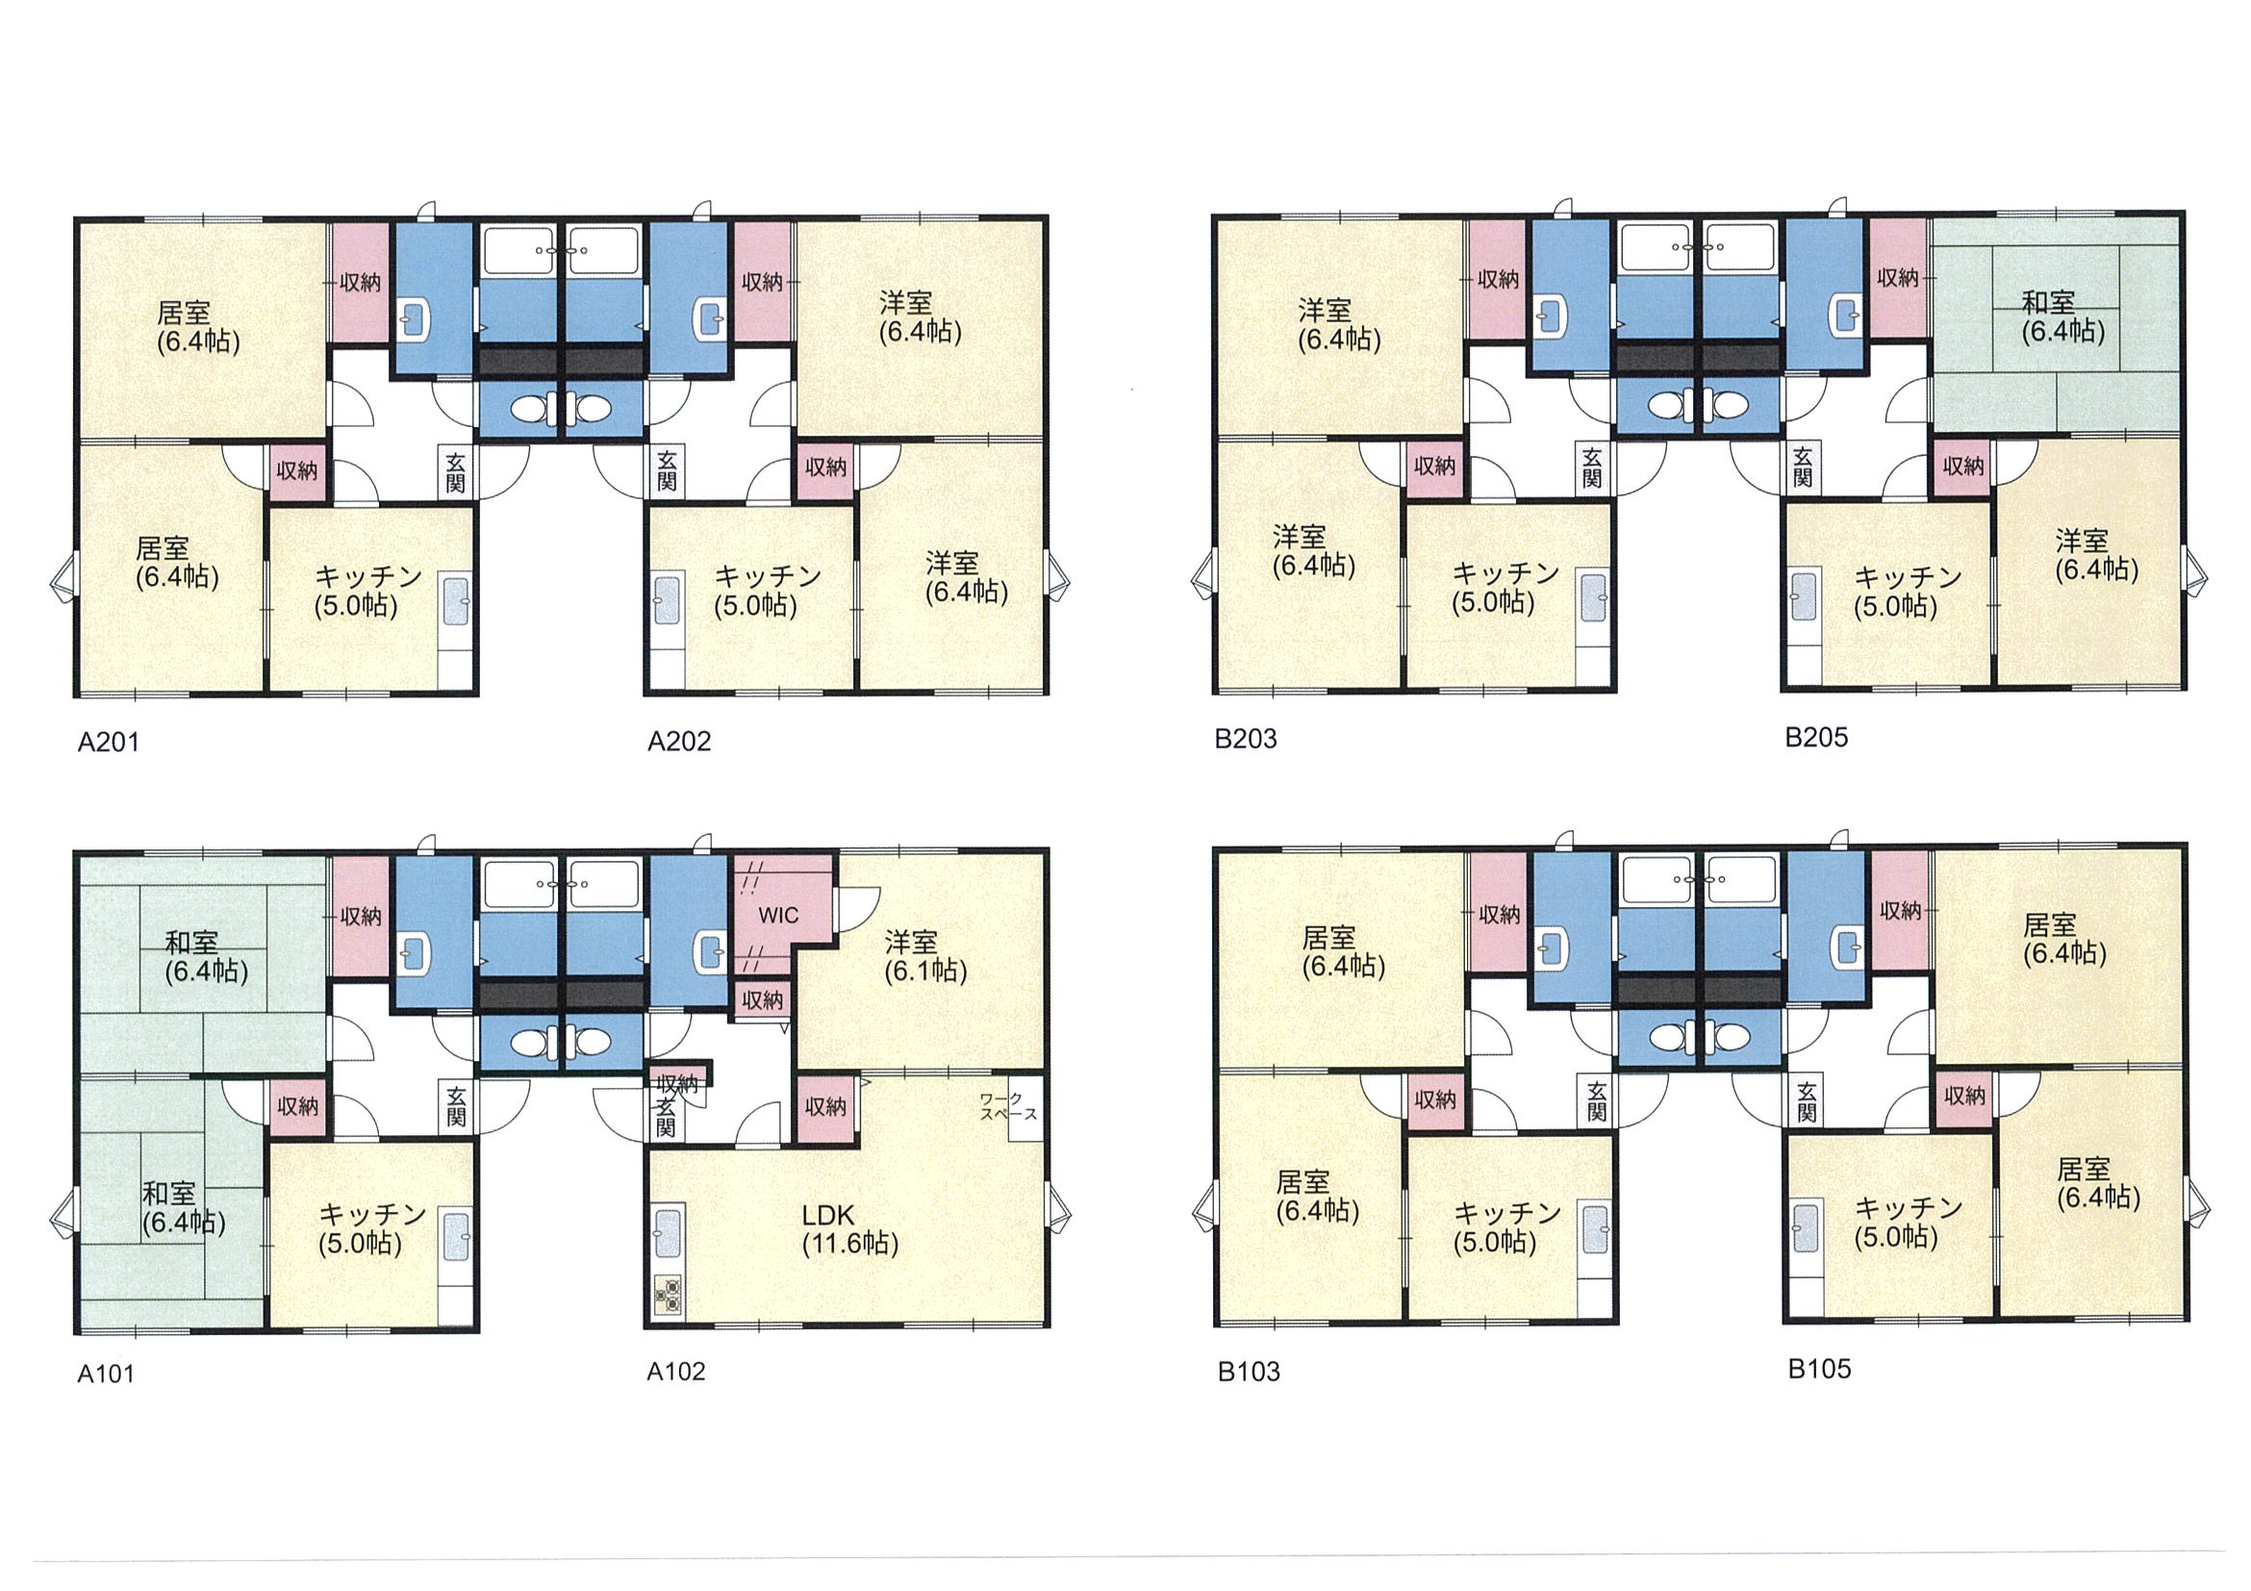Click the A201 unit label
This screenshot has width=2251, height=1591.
click(109, 742)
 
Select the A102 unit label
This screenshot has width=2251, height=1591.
click(675, 1371)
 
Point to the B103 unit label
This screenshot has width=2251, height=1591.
click(1249, 1372)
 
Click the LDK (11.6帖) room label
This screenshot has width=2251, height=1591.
click(850, 1230)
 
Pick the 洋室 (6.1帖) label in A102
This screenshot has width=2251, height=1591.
click(925, 957)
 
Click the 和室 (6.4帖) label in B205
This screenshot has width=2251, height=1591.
click(2062, 316)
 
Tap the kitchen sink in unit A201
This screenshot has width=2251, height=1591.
click(456, 601)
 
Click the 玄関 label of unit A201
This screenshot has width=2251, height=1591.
click(456, 472)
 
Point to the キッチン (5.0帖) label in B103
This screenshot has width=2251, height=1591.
click(1506, 1226)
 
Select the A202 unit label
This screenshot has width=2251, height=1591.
click(678, 741)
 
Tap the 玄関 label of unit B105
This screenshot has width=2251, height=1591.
click(1807, 1100)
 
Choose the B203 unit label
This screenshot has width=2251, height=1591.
click(1245, 738)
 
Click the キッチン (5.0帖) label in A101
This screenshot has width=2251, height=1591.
click(372, 1228)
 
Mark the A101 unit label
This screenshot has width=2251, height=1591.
click(106, 1374)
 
